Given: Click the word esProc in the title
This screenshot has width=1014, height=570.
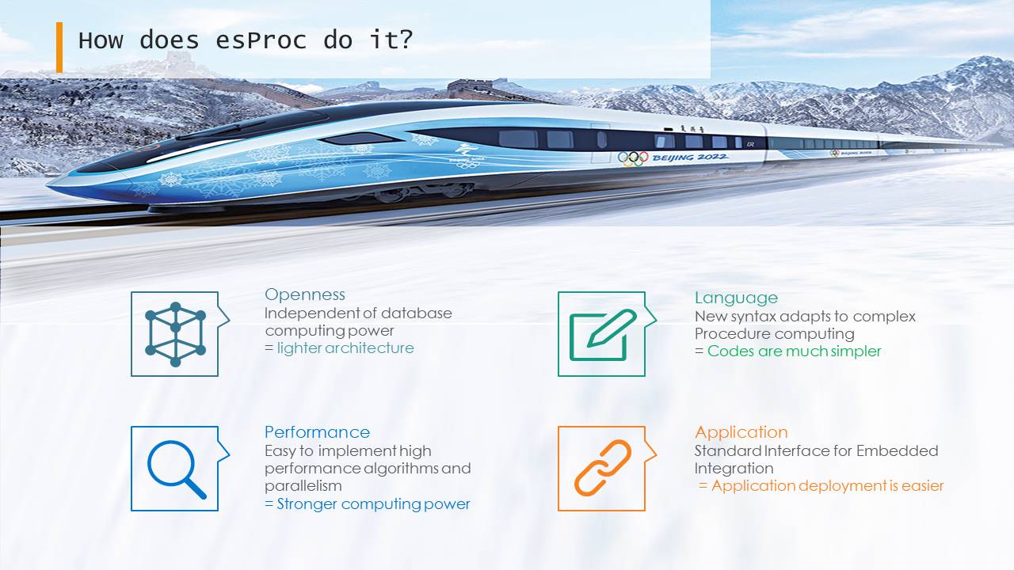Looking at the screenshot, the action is pos(261,40).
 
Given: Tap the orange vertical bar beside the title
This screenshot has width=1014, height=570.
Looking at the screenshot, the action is pos(59,47).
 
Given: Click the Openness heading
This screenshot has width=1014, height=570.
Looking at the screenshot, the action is pos(305,294).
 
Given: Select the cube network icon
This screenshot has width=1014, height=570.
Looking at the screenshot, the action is pos(176,334).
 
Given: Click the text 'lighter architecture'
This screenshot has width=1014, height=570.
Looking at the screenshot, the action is pos(345,348).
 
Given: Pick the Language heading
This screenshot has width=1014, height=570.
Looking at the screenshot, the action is pos(736,298).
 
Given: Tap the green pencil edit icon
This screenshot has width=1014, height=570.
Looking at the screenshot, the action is pos(603,335).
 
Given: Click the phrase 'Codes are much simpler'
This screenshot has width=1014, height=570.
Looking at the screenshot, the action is pos(794,351).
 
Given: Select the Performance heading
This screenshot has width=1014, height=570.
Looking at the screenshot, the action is pos(318,432).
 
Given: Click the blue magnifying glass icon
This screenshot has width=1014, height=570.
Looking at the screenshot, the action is pos(177,469).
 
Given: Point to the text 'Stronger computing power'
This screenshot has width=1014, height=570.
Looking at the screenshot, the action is pos(373,504).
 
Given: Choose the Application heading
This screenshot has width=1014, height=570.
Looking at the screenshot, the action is pos(741,432).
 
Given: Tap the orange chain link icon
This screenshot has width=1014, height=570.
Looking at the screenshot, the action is pos(603,468).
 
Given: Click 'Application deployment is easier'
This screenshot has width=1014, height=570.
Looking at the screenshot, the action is pos(828,486).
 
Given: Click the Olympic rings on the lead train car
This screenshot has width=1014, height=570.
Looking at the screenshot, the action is pos(633,158).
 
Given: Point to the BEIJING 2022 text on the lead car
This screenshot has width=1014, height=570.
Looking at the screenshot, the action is pos(690,158).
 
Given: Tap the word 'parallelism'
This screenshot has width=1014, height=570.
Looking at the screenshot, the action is pos(303,486).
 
